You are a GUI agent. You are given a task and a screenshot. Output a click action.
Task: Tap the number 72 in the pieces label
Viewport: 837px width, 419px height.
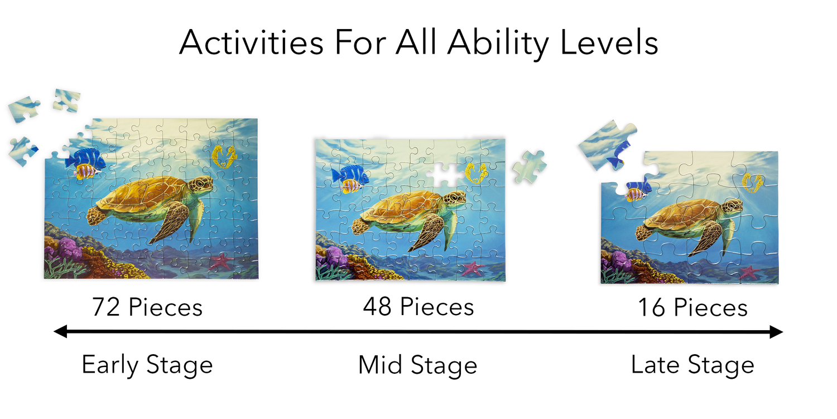[106, 307]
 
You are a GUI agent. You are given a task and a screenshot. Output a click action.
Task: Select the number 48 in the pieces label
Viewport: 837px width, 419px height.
[377, 307]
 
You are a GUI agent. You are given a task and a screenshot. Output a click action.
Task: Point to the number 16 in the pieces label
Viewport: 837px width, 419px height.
[652, 307]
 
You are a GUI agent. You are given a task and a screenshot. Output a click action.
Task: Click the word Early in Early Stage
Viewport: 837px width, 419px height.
[110, 365]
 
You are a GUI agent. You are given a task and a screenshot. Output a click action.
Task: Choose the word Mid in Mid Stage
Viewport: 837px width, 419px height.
[381, 365]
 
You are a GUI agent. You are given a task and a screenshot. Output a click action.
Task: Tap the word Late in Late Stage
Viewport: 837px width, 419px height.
[655, 365]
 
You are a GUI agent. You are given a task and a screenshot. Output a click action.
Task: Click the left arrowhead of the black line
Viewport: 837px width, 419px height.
[60, 331]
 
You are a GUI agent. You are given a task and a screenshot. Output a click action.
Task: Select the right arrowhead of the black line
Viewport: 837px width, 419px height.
[776, 332]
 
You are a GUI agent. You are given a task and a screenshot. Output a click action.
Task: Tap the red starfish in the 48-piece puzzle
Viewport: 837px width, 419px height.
[472, 268]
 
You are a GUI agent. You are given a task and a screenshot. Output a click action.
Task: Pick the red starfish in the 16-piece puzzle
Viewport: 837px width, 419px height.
[749, 272]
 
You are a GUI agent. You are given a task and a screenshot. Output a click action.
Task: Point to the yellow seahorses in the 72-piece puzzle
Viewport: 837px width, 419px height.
[224, 157]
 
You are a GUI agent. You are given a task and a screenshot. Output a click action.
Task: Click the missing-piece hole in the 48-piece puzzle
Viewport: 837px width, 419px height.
[445, 174]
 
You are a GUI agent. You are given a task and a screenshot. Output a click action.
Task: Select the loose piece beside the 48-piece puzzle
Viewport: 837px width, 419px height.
[529, 167]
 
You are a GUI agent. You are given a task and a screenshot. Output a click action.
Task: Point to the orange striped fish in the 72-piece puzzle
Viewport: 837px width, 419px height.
[87, 172]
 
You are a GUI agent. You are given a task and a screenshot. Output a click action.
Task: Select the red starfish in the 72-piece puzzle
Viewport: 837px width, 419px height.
[220, 261]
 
